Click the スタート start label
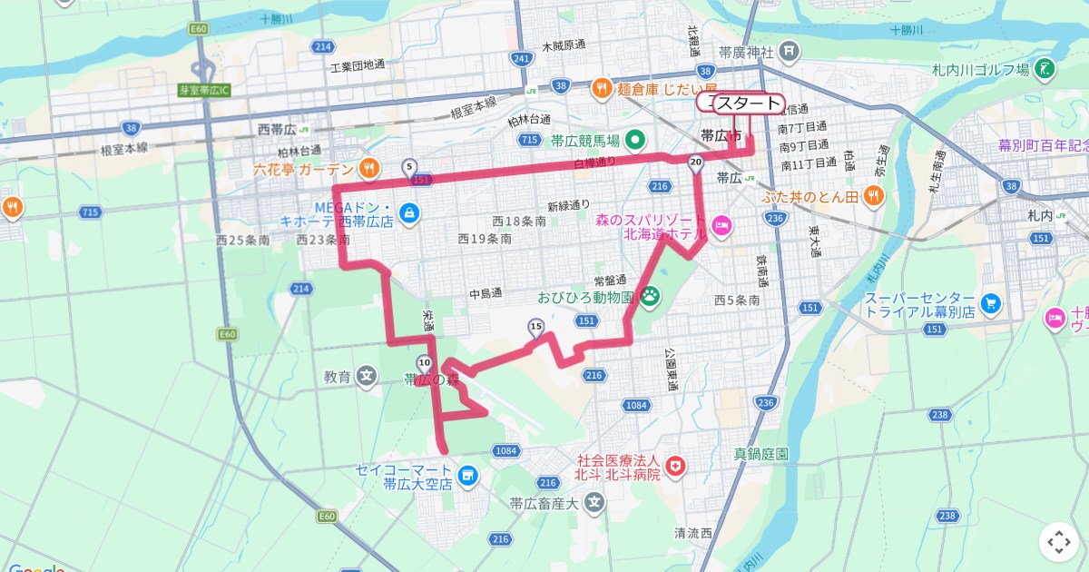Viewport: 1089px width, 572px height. coord(747,103)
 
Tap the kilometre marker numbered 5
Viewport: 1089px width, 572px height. coord(409,167)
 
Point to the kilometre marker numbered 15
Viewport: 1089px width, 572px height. coord(535,327)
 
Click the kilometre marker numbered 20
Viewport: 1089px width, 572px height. coord(696,163)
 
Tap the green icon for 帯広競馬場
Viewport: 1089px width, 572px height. coord(635,140)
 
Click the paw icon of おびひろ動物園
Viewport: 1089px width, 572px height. coord(651,295)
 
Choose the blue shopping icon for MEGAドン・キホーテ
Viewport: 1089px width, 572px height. coord(410,212)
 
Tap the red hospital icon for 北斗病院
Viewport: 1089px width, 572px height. coord(675,467)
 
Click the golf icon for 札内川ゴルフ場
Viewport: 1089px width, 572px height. coord(1045,69)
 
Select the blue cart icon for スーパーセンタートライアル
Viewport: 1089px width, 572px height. coord(991,303)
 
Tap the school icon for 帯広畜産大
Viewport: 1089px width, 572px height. coord(594,502)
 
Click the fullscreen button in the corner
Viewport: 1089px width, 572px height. coord(1059,543)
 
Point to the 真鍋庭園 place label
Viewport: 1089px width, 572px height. coord(761,452)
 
